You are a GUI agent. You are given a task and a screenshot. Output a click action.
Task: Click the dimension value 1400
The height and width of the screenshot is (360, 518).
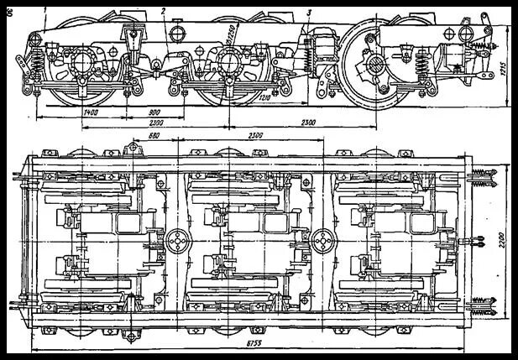click(x=92, y=111)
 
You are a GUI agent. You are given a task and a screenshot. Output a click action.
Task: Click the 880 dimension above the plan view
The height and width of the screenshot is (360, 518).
click(x=153, y=135)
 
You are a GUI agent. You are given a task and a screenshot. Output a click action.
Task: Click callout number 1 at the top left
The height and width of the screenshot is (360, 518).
click(x=44, y=9)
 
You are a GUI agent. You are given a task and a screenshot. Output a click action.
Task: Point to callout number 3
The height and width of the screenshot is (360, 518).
click(x=309, y=11)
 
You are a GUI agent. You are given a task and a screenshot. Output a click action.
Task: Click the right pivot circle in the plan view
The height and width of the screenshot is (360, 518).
click(x=322, y=241)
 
